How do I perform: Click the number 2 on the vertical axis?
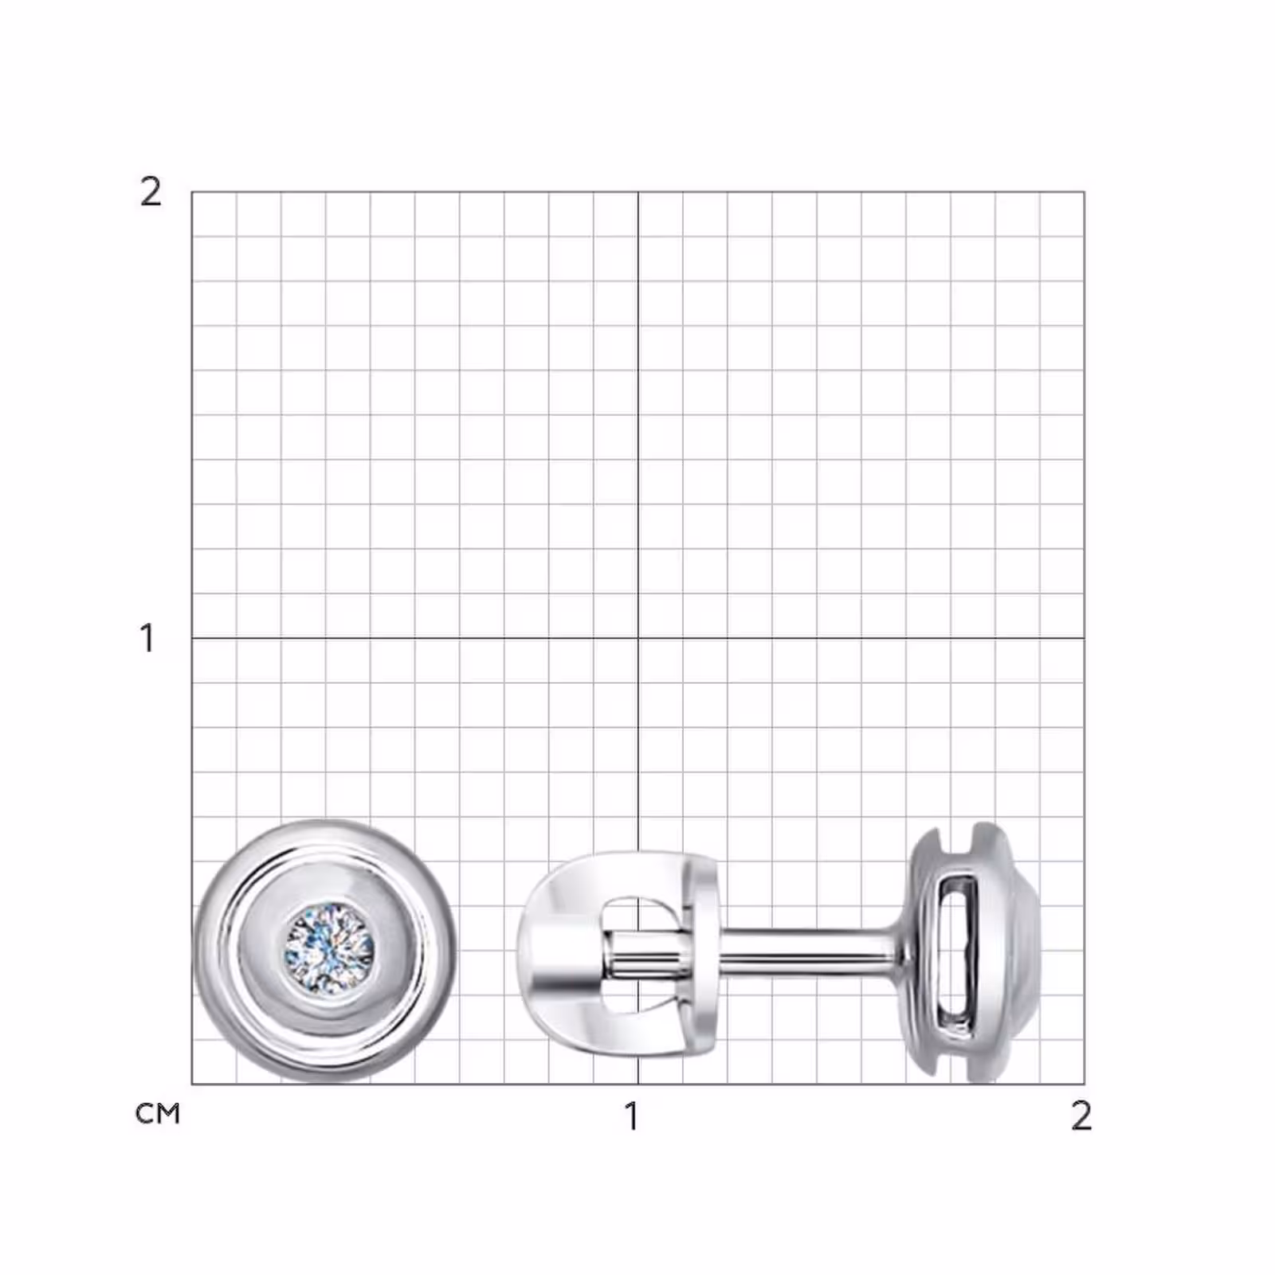tap(151, 191)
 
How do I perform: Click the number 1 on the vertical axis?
tap(147, 638)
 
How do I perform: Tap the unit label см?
tap(158, 1113)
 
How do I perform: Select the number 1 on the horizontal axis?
tap(632, 1116)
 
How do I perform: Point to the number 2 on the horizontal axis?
tap(1081, 1116)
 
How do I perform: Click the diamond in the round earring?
tap(330, 948)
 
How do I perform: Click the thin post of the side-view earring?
tap(805, 947)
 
